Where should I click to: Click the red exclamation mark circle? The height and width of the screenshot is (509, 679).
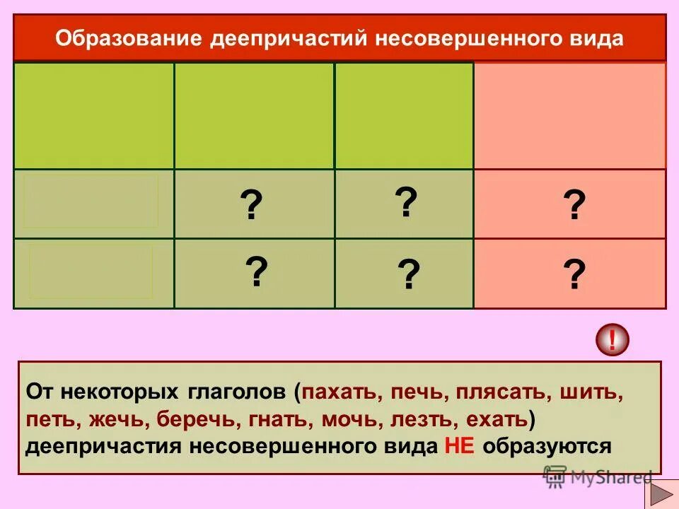tap(612, 341)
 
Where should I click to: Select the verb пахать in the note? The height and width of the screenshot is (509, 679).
tap(339, 392)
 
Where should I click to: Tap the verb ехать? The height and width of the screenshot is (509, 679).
tap(497, 419)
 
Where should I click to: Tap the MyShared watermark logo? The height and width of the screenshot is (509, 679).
tap(598, 477)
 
